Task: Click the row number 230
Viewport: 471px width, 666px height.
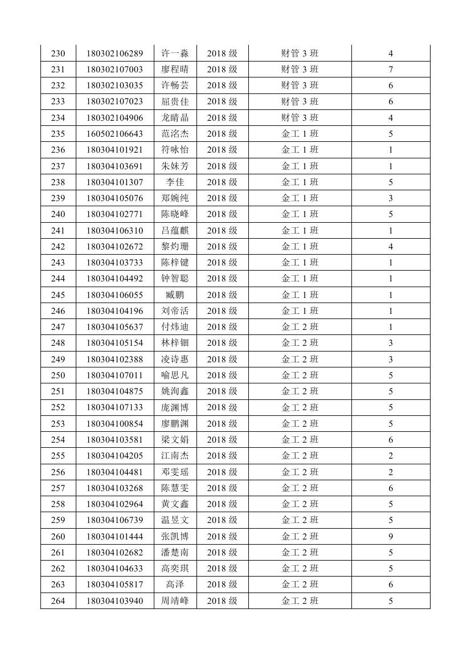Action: (x=58, y=54)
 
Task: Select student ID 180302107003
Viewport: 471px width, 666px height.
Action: (x=114, y=70)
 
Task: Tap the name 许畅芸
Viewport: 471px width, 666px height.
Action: (x=175, y=85)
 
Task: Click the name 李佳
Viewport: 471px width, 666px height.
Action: (x=175, y=182)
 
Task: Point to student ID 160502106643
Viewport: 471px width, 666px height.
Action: (x=114, y=134)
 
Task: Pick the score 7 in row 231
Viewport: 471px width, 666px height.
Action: (x=391, y=70)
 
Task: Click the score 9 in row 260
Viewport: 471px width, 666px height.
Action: (x=391, y=536)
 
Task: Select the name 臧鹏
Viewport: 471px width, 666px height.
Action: (x=175, y=295)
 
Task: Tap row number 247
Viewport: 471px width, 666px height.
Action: (x=58, y=327)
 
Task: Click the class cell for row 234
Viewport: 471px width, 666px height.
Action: (x=300, y=118)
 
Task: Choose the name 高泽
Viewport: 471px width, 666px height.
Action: (x=175, y=585)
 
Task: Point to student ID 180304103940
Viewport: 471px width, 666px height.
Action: (x=114, y=600)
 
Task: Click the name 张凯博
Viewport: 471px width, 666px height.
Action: (x=175, y=536)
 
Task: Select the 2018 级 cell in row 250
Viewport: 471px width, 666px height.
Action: (x=222, y=375)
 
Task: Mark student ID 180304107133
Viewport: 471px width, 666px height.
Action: (x=114, y=407)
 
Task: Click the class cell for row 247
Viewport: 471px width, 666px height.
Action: (x=300, y=327)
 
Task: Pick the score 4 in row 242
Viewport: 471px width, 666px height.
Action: (x=391, y=247)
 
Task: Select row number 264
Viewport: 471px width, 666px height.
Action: (x=58, y=600)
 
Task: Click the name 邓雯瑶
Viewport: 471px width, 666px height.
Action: (x=175, y=472)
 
